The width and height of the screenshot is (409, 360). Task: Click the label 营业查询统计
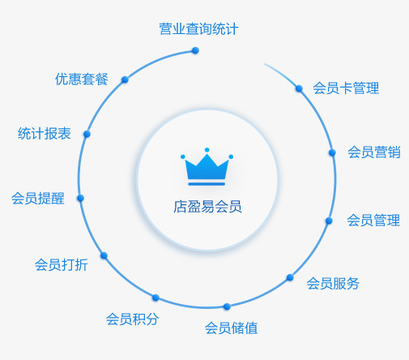pos(198,29)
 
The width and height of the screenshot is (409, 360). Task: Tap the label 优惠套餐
pos(82,79)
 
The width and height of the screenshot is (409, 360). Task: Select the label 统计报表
pos(45,133)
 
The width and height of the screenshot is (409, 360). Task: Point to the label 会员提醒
pos(38,198)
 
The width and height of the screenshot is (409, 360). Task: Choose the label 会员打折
pos(62,264)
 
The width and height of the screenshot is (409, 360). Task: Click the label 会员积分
pos(132,319)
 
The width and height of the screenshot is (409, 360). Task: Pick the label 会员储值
pos(231,328)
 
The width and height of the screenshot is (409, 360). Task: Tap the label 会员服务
pos(333,283)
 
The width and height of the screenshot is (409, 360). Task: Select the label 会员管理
pos(373,220)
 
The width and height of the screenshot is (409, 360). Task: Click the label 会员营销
pos(374,152)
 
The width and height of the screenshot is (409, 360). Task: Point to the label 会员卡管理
pos(346,88)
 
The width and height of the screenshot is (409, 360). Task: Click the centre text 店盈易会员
pos(207,207)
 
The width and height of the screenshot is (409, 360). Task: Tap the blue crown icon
pos(207,167)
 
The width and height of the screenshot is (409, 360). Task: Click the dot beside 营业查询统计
pos(195,50)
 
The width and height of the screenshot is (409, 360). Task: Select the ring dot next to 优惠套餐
pos(125,79)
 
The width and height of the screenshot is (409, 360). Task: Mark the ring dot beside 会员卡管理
pos(299,88)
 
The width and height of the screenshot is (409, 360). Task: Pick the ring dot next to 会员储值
pos(227,306)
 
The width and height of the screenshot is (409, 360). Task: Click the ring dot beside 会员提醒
pos(80,198)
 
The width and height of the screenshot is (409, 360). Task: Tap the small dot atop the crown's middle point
pos(207,150)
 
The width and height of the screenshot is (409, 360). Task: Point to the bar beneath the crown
pos(207,184)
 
